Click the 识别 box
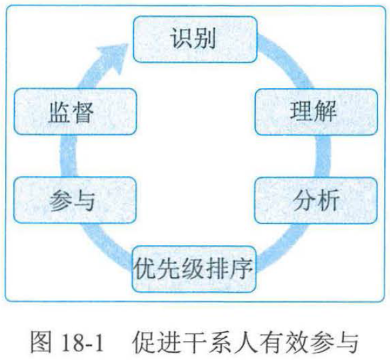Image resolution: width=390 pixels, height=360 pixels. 195,39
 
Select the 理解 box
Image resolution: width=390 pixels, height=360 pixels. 316,112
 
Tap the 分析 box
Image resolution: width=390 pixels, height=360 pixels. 316,200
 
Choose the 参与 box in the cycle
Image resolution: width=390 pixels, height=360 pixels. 73,200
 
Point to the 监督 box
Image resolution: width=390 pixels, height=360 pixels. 73,112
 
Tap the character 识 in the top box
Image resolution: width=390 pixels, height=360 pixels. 182,39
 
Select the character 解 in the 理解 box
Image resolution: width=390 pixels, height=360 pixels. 327,112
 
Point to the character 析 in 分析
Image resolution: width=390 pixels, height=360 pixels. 327,200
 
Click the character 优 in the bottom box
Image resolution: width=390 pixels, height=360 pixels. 146,269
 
